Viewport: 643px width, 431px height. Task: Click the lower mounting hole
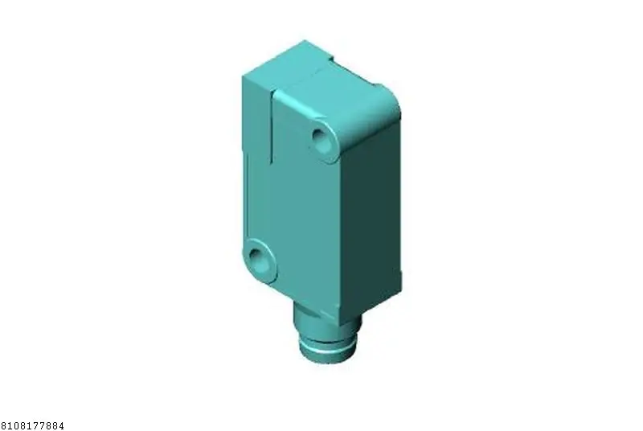coord(255,256)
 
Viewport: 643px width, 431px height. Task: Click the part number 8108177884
coord(32,426)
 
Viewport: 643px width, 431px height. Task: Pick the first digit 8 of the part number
coord(3,426)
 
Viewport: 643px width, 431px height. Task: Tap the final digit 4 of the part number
coord(61,426)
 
